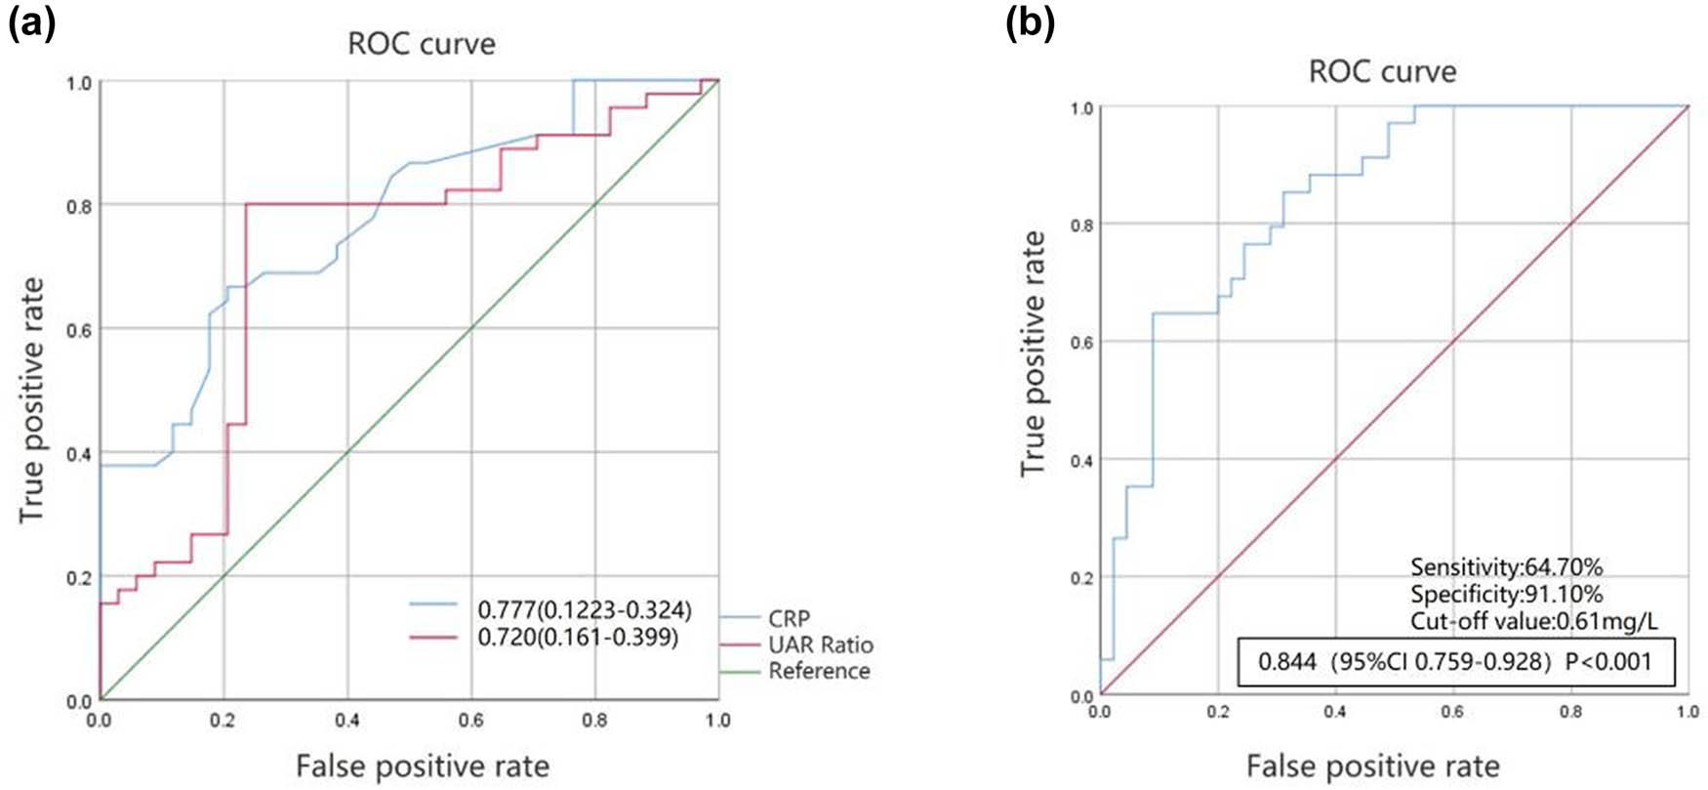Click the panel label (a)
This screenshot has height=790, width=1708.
coord(32,21)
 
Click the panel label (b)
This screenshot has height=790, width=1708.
coord(1030,21)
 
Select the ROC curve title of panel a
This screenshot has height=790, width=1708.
coord(422,44)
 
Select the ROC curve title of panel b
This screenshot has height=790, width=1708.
coord(1382,71)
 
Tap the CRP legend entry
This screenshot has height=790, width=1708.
coord(789,618)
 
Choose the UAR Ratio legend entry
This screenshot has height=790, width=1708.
coord(820,644)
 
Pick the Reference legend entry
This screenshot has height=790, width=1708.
coord(818,671)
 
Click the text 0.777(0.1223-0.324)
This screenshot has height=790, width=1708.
coord(584,610)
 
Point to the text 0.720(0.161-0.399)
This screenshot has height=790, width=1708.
coord(578,638)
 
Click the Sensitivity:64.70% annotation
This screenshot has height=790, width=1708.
coord(1506,566)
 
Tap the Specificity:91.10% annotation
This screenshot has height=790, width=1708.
coord(1506,594)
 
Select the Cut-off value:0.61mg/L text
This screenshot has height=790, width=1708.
coord(1533,621)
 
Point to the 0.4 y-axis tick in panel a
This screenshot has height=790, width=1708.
coord(80,453)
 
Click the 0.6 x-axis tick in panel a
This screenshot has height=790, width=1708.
coord(471,721)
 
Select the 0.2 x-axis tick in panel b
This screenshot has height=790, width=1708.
coord(1217,713)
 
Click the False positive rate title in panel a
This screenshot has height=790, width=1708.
coord(422,766)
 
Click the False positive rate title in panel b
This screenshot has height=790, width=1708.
coord(1372,766)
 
